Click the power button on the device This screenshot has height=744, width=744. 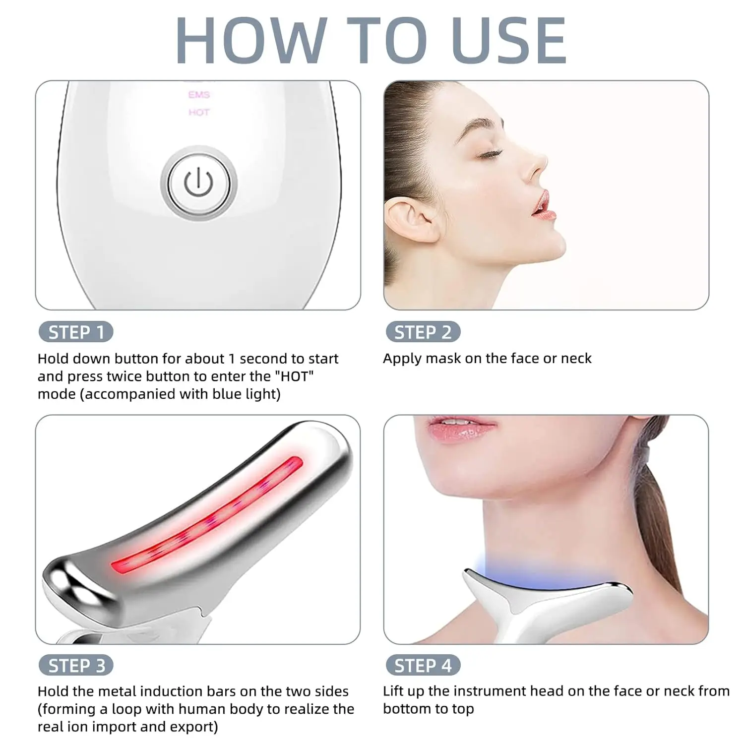(x=198, y=183)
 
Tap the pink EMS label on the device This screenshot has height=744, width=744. (x=199, y=95)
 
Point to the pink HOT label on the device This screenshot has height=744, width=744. (x=199, y=113)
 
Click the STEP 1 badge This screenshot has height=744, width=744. (x=76, y=332)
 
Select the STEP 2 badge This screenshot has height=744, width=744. (x=423, y=332)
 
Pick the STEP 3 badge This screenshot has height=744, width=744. (x=76, y=665)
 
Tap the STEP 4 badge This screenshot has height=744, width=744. (x=423, y=665)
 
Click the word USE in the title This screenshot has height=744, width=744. (x=509, y=40)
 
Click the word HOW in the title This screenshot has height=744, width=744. (x=251, y=40)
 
